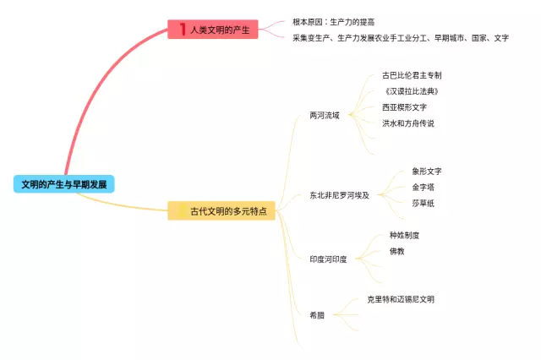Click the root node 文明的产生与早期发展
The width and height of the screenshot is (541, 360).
click(x=63, y=183)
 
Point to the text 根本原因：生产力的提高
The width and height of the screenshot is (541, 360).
click(x=333, y=21)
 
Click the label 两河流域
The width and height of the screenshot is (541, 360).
click(x=325, y=115)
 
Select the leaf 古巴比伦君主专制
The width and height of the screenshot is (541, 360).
click(x=412, y=75)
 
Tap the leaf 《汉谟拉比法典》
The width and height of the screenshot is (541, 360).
click(x=412, y=91)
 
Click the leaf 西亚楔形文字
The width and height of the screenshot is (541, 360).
click(x=404, y=107)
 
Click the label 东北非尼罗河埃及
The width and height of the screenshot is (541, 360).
click(x=339, y=195)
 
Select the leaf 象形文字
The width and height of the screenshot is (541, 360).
click(x=427, y=172)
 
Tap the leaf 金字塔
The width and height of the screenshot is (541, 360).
click(x=423, y=188)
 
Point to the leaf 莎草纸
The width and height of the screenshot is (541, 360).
click(x=423, y=204)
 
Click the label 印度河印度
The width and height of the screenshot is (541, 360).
click(x=328, y=259)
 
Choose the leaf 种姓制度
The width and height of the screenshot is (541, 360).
click(x=404, y=235)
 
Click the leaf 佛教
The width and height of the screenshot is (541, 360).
click(x=396, y=251)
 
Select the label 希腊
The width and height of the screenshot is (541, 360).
click(x=317, y=314)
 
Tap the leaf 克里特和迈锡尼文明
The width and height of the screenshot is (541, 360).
click(x=401, y=299)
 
